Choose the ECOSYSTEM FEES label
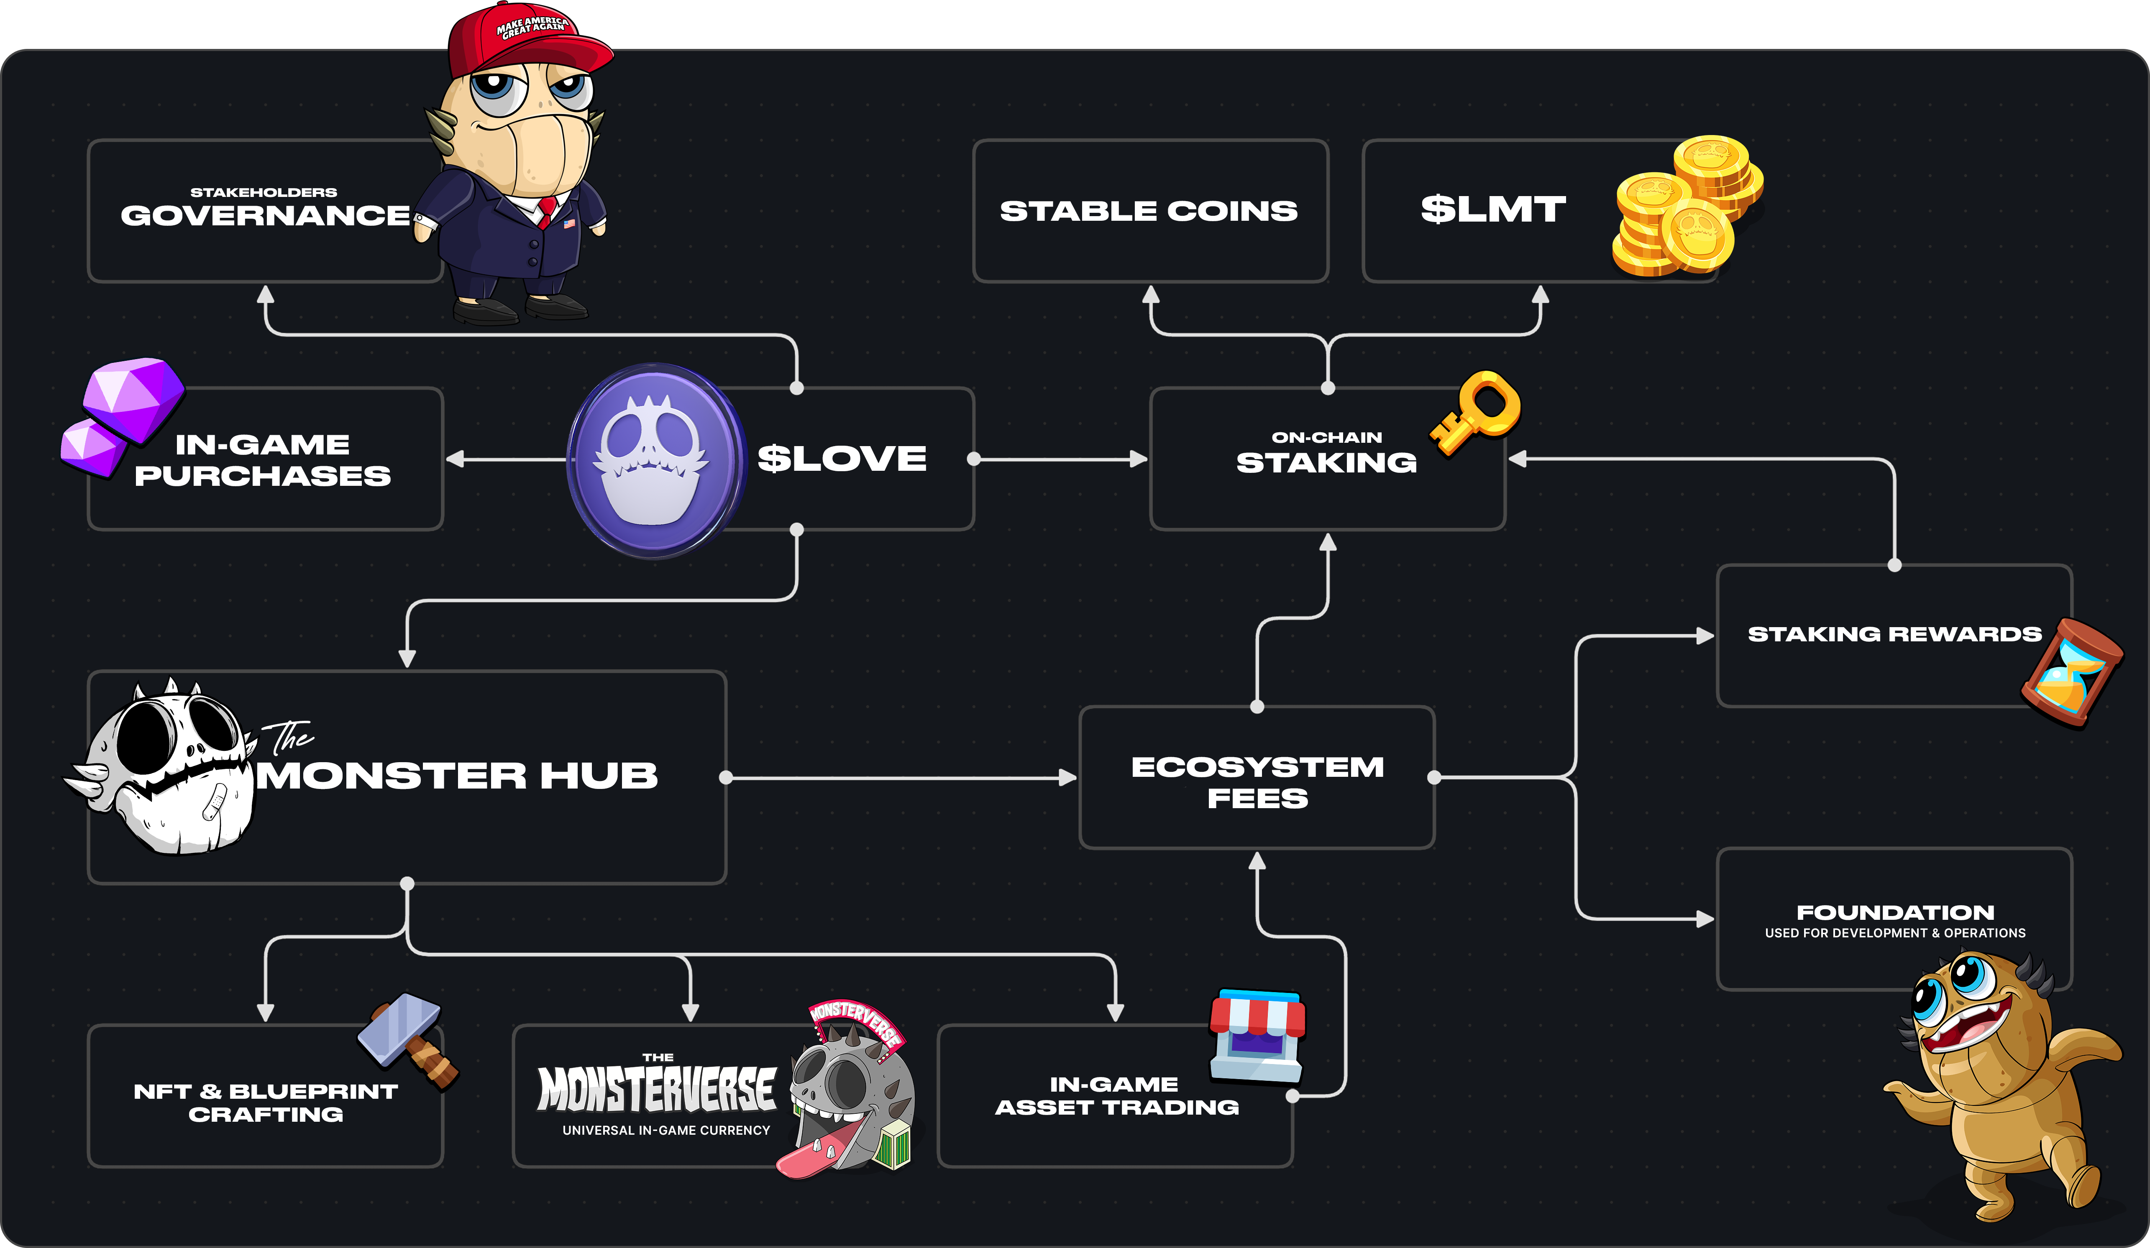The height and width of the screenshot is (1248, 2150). pos(1257,781)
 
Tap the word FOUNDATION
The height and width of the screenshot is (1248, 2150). pos(1895,912)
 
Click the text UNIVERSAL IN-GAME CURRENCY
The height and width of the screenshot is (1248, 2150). pos(665,1130)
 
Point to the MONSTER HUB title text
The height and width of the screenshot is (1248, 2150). pos(458,776)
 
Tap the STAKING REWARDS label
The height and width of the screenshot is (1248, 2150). pos(1894,634)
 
